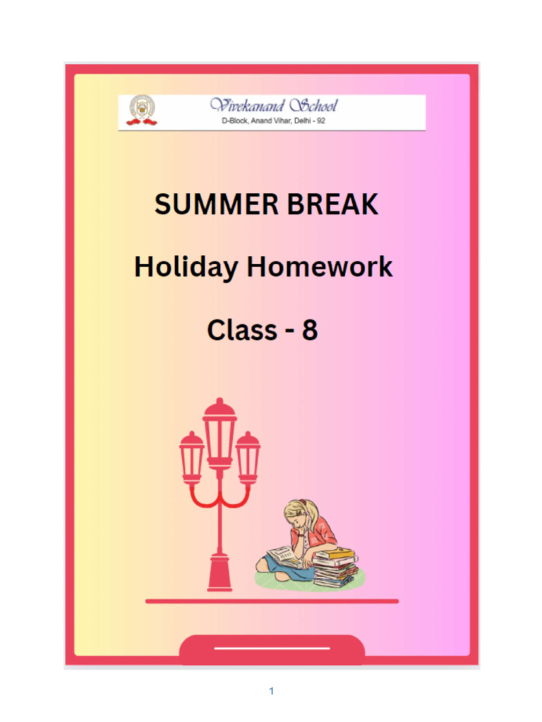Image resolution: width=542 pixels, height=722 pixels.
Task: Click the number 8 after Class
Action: (309, 330)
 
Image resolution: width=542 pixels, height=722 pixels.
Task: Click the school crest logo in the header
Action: (142, 111)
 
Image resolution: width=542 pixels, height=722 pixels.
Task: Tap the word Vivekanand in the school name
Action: (246, 106)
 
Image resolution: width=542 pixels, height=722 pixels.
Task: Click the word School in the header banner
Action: (313, 106)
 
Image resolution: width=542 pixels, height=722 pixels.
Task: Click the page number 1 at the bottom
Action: (271, 691)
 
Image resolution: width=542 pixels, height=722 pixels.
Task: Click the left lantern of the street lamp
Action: (191, 457)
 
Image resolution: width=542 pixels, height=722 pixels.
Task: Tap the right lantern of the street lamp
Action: (248, 457)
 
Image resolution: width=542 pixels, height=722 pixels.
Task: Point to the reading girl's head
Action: (297, 515)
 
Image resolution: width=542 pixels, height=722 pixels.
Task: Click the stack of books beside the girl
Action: (335, 568)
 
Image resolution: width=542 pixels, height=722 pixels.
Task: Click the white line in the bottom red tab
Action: (272, 647)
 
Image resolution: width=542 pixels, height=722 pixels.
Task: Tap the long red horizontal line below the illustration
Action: (272, 601)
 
